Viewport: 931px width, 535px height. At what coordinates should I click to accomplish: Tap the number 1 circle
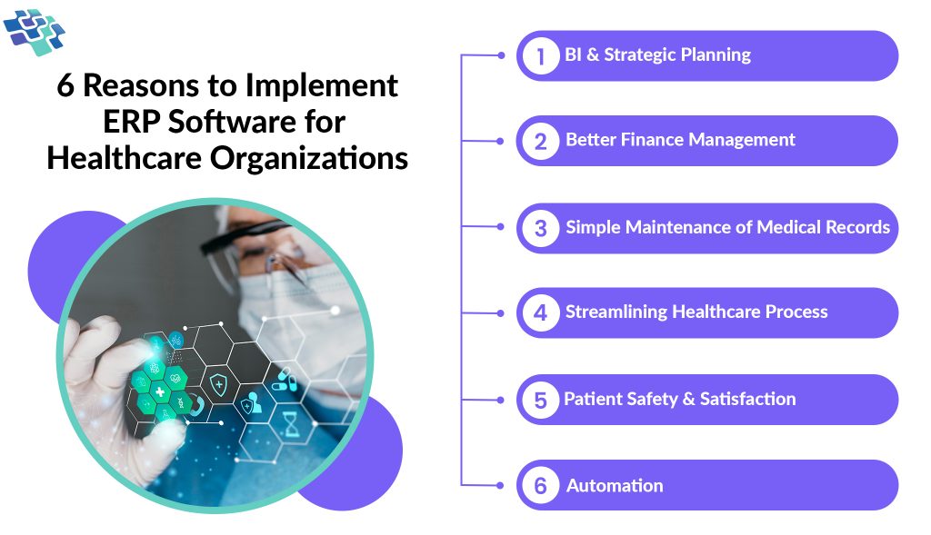coord(541,56)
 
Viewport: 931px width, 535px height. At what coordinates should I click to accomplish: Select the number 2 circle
coord(541,141)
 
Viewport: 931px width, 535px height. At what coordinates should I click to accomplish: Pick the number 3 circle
coord(541,228)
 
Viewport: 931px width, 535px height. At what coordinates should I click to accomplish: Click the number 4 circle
coord(541,313)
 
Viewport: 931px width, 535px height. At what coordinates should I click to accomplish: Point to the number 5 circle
coord(541,400)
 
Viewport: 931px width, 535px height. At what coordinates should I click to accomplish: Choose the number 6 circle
coord(541,486)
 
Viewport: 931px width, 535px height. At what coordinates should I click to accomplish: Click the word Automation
coord(615,486)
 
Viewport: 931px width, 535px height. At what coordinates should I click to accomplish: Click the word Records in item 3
coord(854,227)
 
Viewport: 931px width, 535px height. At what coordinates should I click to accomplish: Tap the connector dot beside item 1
coord(501,55)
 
